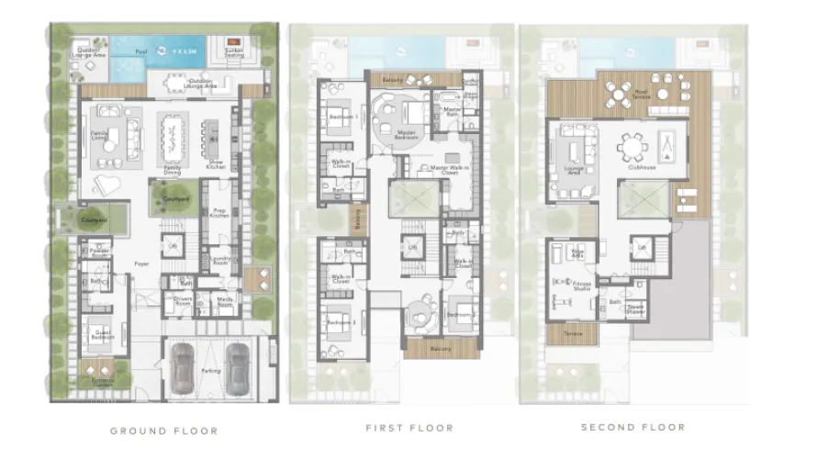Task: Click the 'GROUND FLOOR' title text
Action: pos(164,430)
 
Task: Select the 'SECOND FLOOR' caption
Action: pos(633,427)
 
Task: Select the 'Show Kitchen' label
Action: pos(217,162)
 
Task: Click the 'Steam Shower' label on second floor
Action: pos(634,310)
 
